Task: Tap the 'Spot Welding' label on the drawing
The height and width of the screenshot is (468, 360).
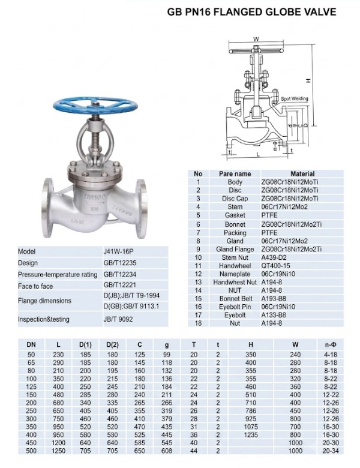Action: (295, 98)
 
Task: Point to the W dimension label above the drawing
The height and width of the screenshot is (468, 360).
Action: (256, 39)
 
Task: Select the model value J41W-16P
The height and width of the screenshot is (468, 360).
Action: (118, 251)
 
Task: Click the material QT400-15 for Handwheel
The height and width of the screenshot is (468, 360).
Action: (275, 266)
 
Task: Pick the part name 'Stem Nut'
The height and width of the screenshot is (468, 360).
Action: (235, 257)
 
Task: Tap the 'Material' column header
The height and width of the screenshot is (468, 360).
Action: (302, 173)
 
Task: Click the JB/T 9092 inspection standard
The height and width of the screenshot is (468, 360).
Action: (118, 319)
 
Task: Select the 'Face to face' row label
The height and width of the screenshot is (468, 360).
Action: (35, 286)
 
